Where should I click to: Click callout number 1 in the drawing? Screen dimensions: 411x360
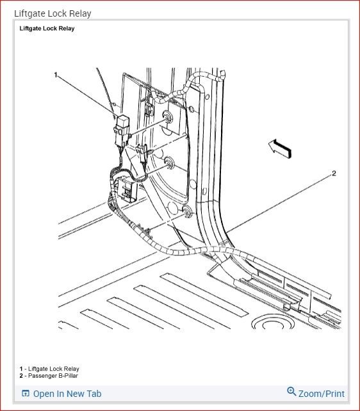pyautogui.click(x=56, y=75)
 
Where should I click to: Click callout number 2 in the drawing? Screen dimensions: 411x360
pyautogui.click(x=334, y=173)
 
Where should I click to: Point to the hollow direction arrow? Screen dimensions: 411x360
pyautogui.click(x=279, y=149)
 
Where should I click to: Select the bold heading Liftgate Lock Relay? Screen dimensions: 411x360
pyautogui.click(x=47, y=28)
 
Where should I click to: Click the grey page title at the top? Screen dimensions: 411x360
pyautogui.click(x=53, y=13)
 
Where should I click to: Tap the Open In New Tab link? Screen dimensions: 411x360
pyautogui.click(x=67, y=394)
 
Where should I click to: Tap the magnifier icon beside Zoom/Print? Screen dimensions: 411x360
pyautogui.click(x=291, y=392)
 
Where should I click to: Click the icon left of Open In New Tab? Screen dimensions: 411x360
pyautogui.click(x=26, y=394)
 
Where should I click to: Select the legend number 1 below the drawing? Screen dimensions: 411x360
pyautogui.click(x=21, y=369)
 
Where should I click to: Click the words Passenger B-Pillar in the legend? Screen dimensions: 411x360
pyautogui.click(x=54, y=375)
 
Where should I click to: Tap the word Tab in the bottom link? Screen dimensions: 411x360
pyautogui.click(x=94, y=394)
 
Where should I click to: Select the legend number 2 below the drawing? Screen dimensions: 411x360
pyautogui.click(x=21, y=375)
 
